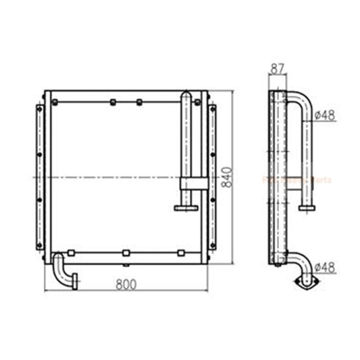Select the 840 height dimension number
click(227, 177)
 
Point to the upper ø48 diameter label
click(325, 115)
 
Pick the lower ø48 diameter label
click(325, 267)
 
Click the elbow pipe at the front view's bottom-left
click(63, 270)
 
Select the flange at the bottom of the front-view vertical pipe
click(186, 208)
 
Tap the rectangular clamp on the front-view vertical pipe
click(194, 182)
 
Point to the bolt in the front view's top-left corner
click(55, 102)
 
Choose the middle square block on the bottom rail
click(126, 253)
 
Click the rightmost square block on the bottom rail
click(181, 253)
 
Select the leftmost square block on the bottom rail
click(71, 253)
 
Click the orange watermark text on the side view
click(298, 180)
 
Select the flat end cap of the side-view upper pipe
click(307, 208)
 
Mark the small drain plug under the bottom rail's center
click(126, 264)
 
